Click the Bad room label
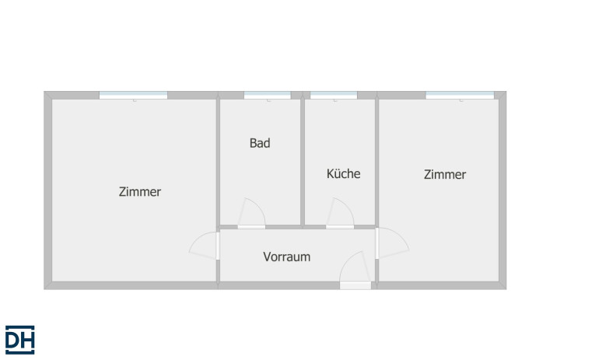(260, 143)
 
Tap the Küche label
(343, 173)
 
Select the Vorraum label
(286, 257)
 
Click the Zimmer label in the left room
(140, 191)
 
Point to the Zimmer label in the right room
(445, 174)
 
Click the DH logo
(20, 340)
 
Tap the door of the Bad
(251, 213)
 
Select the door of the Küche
(340, 213)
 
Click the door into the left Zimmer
(205, 246)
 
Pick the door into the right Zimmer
(392, 243)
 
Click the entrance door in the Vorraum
(356, 270)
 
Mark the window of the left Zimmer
(133, 95)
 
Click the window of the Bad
(268, 95)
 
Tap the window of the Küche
(334, 95)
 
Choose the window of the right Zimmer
(460, 95)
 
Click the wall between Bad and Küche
(303, 162)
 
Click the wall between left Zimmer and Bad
(218, 162)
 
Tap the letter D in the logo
(12, 340)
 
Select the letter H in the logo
(27, 340)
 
